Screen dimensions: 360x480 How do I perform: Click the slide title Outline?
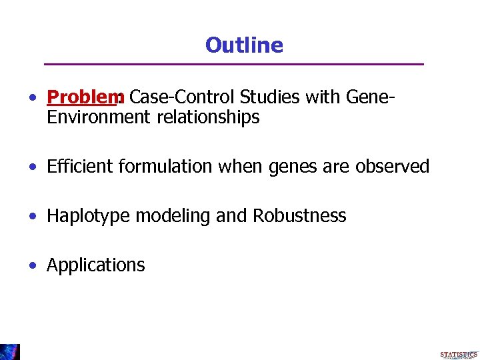click(244, 45)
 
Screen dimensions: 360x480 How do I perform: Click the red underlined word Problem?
click(81, 98)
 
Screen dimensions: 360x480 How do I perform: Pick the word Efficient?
click(80, 167)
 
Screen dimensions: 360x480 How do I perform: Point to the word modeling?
click(167, 216)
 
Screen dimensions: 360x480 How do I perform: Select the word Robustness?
click(299, 216)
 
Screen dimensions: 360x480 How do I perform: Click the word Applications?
click(95, 265)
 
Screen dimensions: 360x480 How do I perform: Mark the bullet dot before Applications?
click(33, 265)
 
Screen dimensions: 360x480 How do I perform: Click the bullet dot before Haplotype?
click(33, 216)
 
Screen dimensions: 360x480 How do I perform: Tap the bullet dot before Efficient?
click(33, 167)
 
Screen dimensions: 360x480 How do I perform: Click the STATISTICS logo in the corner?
click(458, 355)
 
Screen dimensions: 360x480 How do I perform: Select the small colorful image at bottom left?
click(10, 352)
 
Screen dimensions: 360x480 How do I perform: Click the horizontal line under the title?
click(233, 64)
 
